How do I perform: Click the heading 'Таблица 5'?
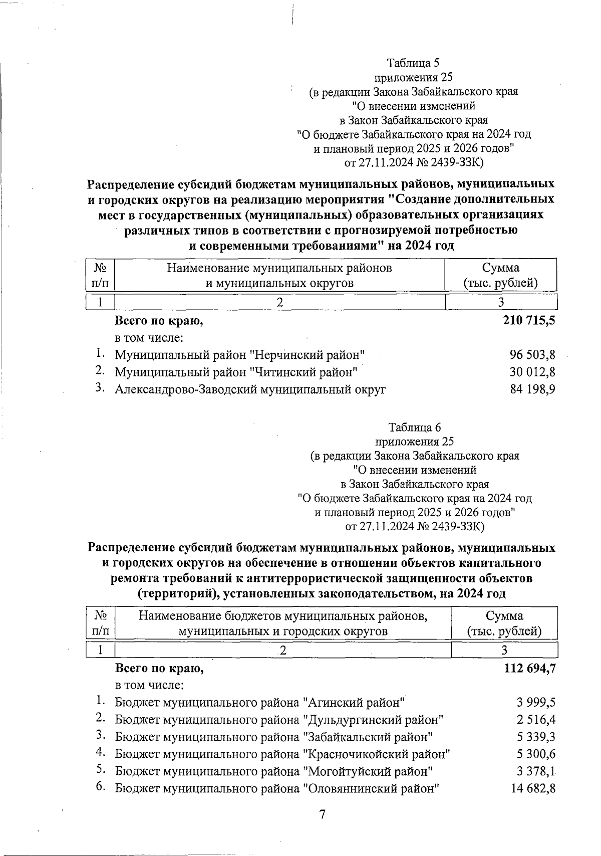413,63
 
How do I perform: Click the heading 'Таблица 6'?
414,427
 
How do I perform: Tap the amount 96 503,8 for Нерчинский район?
532,355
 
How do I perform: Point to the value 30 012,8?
532,372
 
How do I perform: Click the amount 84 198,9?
532,389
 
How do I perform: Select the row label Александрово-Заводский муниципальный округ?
250,389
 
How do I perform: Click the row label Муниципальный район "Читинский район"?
236,372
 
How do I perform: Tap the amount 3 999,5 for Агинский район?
536,703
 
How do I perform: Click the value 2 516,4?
536,720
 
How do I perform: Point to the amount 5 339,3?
536,737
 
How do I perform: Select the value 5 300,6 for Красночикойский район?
536,754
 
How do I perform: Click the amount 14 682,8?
533,788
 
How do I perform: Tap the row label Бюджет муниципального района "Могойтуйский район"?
274,771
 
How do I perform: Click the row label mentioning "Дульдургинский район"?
279,720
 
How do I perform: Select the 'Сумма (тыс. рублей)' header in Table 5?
500,275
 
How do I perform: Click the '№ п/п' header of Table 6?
101,623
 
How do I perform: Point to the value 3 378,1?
536,771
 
